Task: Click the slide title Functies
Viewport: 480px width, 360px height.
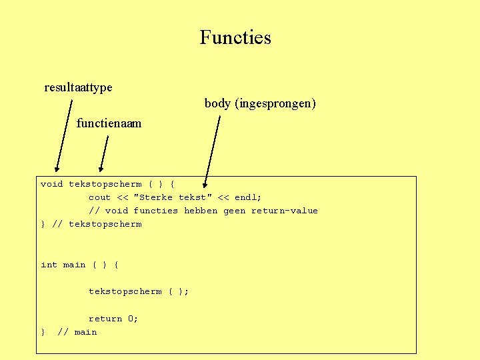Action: pos(235,37)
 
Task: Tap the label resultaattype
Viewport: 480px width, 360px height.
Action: pos(78,87)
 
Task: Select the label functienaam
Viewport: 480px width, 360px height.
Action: pos(109,123)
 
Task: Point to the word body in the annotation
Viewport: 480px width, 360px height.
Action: pos(217,103)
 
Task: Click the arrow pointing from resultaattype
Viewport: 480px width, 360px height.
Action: pos(64,137)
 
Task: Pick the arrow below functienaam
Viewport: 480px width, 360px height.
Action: pos(103,154)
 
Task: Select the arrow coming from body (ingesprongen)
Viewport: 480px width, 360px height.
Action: pos(213,150)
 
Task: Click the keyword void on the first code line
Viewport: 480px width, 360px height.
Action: pos(52,184)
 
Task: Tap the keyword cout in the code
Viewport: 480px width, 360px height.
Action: pos(100,197)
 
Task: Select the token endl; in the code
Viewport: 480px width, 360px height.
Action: pos(248,197)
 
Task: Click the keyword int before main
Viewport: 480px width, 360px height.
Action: pos(49,265)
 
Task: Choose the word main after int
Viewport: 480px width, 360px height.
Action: pos(74,265)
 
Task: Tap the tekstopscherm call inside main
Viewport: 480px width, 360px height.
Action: pos(125,291)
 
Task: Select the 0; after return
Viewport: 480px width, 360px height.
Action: pos(133,319)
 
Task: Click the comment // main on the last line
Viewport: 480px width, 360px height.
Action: pos(77,332)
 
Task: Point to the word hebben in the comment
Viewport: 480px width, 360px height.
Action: pos(200,211)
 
